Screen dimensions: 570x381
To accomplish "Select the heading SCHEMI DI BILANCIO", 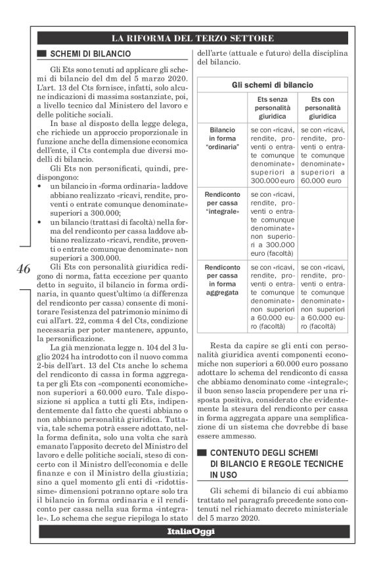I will [x=90, y=54].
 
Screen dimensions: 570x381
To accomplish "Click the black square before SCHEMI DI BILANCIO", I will [x=42, y=54].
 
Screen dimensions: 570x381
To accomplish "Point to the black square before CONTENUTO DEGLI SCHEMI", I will [x=202, y=453].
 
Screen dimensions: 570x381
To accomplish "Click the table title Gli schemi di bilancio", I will [x=273, y=85].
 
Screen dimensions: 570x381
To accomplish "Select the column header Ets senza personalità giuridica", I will [x=273, y=108].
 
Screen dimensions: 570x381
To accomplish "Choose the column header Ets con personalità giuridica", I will [x=322, y=108].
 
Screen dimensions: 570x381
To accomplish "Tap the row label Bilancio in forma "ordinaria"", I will [x=223, y=138].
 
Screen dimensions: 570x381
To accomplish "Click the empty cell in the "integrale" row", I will [x=322, y=223].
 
